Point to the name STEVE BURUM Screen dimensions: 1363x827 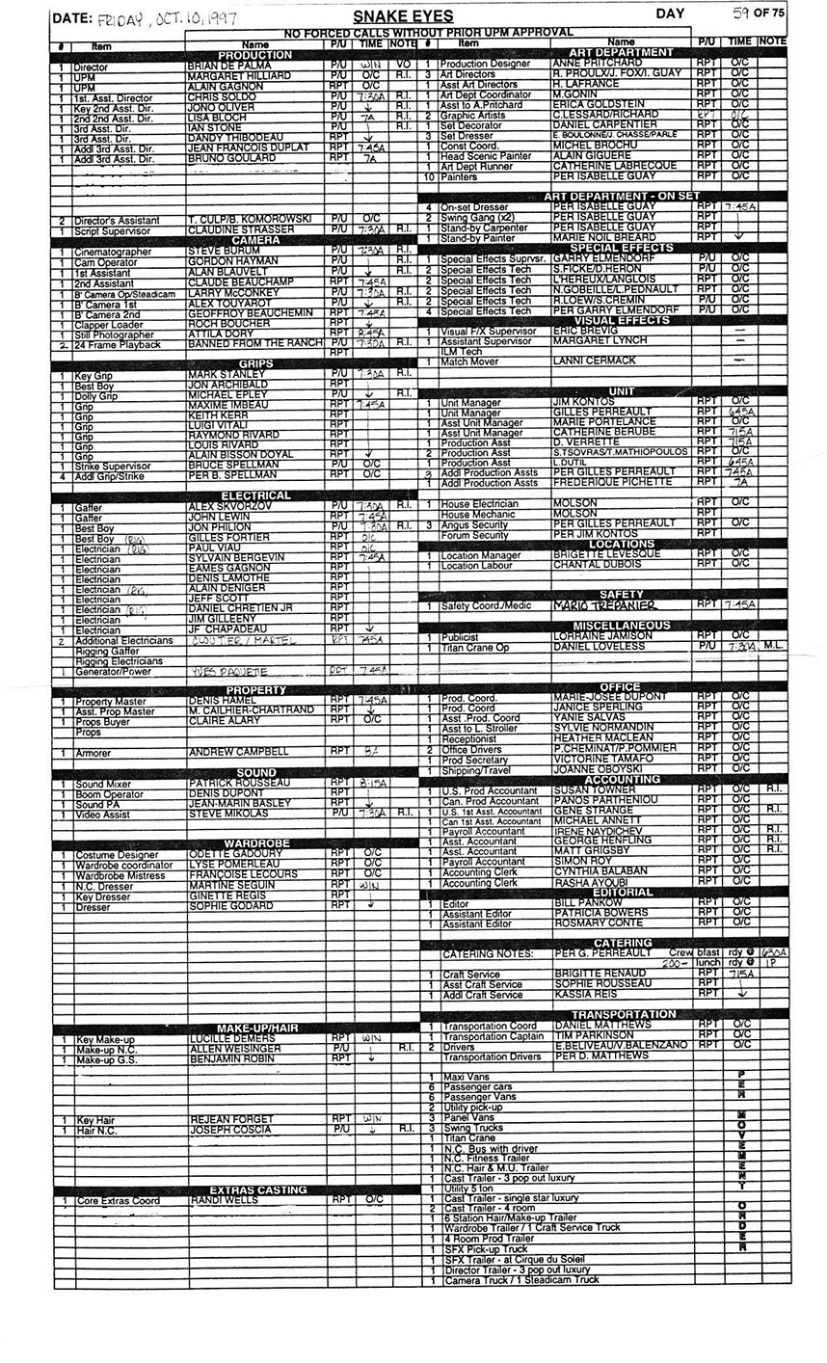pyautogui.click(x=217, y=251)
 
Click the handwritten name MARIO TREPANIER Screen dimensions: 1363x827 pyautogui.click(x=604, y=605)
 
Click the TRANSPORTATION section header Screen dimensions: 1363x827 pyautogui.click(x=623, y=1014)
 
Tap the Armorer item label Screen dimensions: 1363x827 pyautogui.click(x=93, y=752)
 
